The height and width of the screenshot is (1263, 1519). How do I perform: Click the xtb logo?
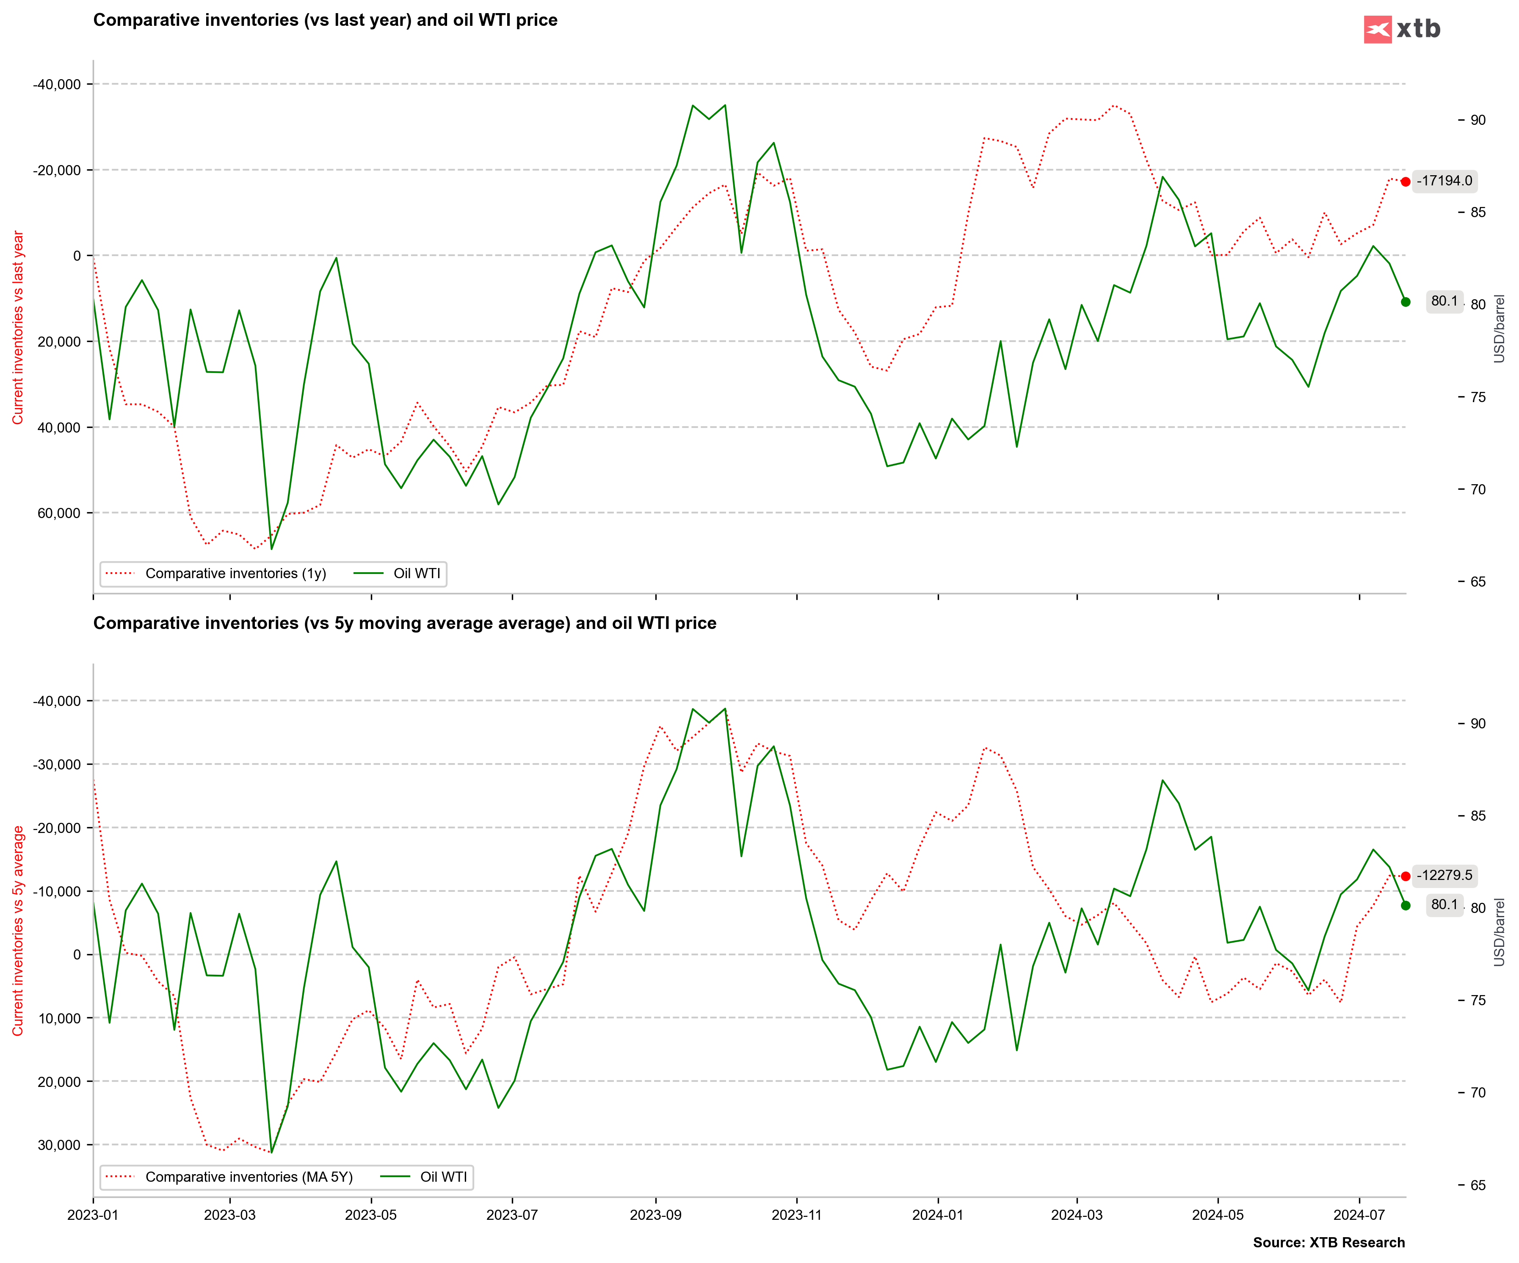click(1401, 29)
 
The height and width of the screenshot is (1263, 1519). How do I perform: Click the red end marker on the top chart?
click(1406, 182)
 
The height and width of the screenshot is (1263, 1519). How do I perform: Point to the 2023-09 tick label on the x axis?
click(655, 1214)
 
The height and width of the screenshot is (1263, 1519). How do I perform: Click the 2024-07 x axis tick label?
click(1359, 1214)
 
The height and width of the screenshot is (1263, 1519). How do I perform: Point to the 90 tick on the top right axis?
click(1478, 120)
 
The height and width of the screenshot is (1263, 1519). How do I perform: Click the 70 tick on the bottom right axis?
click(1478, 1092)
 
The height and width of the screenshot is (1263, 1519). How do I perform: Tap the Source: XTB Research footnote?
click(1329, 1243)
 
